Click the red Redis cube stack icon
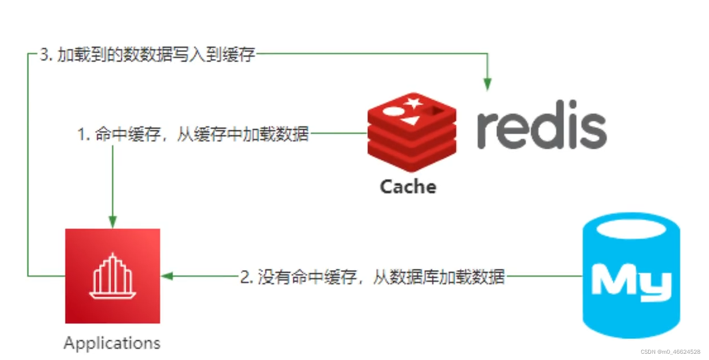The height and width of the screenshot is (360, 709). pyautogui.click(x=411, y=133)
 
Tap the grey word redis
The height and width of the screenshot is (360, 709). pyautogui.click(x=541, y=129)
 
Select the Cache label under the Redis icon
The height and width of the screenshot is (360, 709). pyautogui.click(x=408, y=187)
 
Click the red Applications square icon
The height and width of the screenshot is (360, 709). pyautogui.click(x=112, y=276)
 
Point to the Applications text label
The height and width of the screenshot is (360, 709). pyautogui.click(x=112, y=343)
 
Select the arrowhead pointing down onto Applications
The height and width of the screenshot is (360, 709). pyautogui.click(x=113, y=222)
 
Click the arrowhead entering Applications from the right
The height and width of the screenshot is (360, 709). pyautogui.click(x=167, y=276)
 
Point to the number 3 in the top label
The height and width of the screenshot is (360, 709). pyautogui.click(x=44, y=55)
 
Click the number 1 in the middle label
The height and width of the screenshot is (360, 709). pyautogui.click(x=81, y=134)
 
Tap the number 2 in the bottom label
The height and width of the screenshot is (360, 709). pyautogui.click(x=245, y=277)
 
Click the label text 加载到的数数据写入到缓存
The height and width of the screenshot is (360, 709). pyautogui.click(x=156, y=55)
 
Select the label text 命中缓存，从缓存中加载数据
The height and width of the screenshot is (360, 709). pyautogui.click(x=201, y=134)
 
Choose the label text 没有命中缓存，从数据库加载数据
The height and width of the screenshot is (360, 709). pyautogui.click(x=380, y=277)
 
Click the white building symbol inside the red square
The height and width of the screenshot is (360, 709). pyautogui.click(x=112, y=276)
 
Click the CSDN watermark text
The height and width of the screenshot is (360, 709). pyautogui.click(x=670, y=351)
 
